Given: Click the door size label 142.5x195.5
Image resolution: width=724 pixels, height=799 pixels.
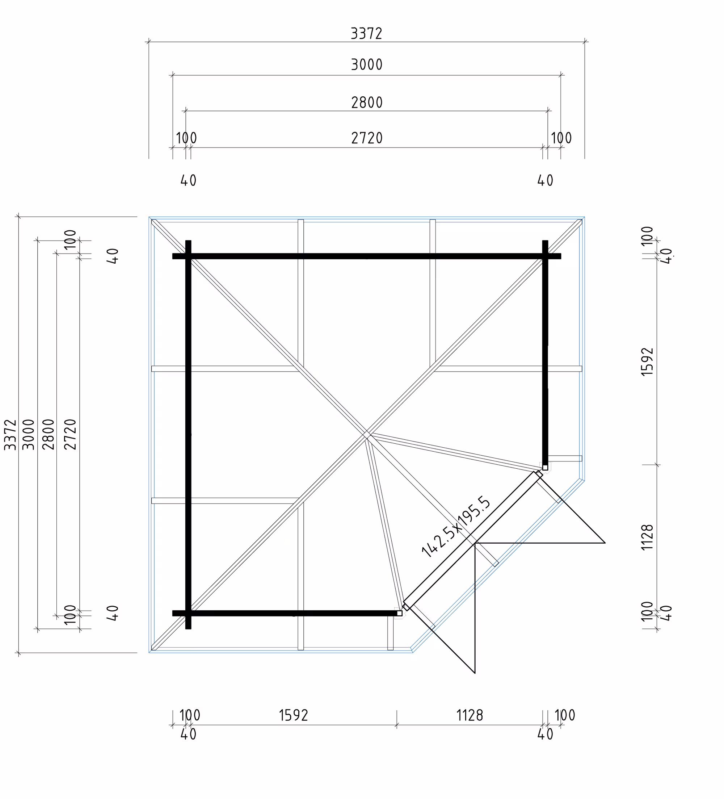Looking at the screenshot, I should (x=456, y=527).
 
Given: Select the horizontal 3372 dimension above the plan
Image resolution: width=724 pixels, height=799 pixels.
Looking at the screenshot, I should (x=366, y=34).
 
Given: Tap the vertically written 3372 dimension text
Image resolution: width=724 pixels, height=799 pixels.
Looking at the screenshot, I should (x=10, y=434).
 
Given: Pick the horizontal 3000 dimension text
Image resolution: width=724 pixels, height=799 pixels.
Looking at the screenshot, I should (x=367, y=64).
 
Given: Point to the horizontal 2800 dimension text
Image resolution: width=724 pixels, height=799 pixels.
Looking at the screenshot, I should (x=367, y=103).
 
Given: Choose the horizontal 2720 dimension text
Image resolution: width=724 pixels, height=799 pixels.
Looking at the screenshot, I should (x=367, y=138).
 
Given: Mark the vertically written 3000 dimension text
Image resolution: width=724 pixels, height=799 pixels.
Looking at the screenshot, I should (x=29, y=434).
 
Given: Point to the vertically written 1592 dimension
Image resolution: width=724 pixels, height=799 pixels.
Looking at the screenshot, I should (x=647, y=362).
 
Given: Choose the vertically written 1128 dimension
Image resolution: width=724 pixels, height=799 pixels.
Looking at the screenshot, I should (x=647, y=537).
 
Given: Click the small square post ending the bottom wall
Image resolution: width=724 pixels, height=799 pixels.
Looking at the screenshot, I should (x=400, y=613).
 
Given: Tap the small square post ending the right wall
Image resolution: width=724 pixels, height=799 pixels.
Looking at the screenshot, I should (x=545, y=468).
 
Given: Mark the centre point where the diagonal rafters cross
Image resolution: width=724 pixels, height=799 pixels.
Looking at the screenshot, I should (x=367, y=435).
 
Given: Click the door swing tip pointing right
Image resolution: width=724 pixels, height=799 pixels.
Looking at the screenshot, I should (x=605, y=543).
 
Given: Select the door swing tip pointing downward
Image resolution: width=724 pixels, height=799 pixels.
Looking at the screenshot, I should (x=475, y=673).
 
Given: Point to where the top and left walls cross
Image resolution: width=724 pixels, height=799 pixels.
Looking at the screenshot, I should (x=188, y=256).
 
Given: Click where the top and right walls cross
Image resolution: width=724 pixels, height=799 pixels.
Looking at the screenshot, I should (x=545, y=256).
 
